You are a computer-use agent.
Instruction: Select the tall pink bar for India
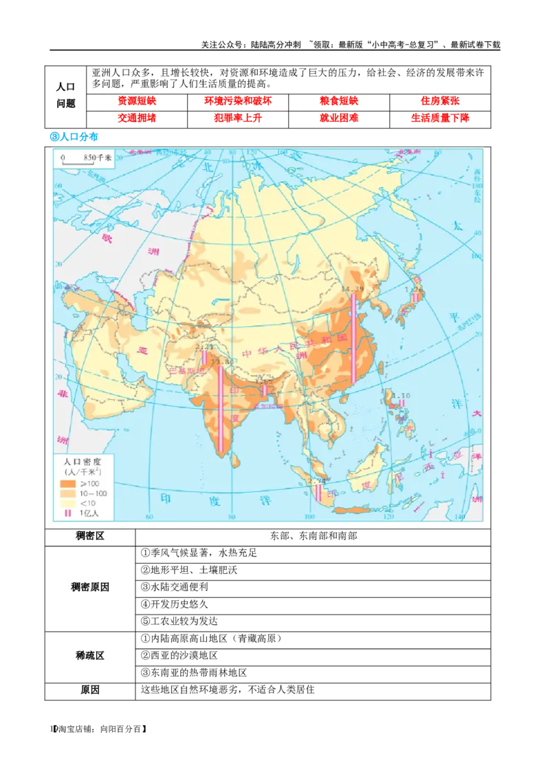click(221, 409)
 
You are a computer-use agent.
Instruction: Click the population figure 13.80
click(221, 361)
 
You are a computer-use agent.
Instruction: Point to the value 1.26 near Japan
click(415, 290)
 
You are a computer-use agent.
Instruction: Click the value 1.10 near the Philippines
click(400, 396)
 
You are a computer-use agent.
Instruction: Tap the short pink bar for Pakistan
click(205, 358)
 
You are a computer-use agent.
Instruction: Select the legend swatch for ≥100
click(67, 484)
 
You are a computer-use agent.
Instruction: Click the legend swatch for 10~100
click(67, 494)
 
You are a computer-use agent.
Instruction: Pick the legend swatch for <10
click(67, 504)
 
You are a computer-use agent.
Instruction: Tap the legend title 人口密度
click(82, 462)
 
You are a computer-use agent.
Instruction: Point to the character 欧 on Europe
click(107, 239)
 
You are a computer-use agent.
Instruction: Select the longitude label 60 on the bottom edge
click(147, 517)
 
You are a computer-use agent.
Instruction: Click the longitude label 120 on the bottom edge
click(388, 517)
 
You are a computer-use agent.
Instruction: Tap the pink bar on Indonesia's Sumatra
click(318, 493)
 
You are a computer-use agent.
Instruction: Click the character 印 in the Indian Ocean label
click(165, 498)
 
